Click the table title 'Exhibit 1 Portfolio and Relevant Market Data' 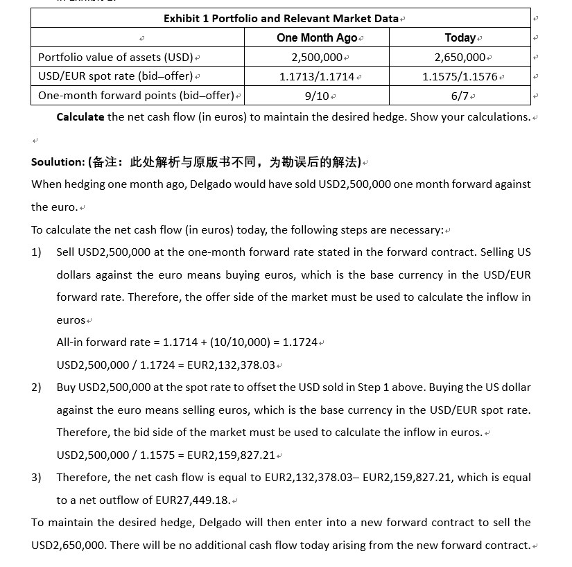click(x=281, y=18)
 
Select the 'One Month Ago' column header click(x=317, y=37)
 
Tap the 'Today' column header click(x=460, y=37)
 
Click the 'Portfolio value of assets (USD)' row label click(x=116, y=57)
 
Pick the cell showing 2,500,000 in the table click(x=317, y=57)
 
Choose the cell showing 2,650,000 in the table click(x=460, y=57)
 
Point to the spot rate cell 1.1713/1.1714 click(x=317, y=76)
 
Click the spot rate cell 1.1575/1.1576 click(x=460, y=76)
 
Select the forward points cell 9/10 click(x=317, y=95)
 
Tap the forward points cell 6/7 click(x=460, y=95)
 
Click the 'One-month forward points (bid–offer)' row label click(x=136, y=95)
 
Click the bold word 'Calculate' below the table click(x=80, y=116)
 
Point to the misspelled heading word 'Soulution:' click(x=58, y=162)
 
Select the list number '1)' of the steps click(x=37, y=252)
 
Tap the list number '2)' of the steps click(x=37, y=387)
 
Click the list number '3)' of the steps click(x=37, y=478)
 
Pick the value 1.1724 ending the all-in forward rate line click(x=300, y=342)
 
